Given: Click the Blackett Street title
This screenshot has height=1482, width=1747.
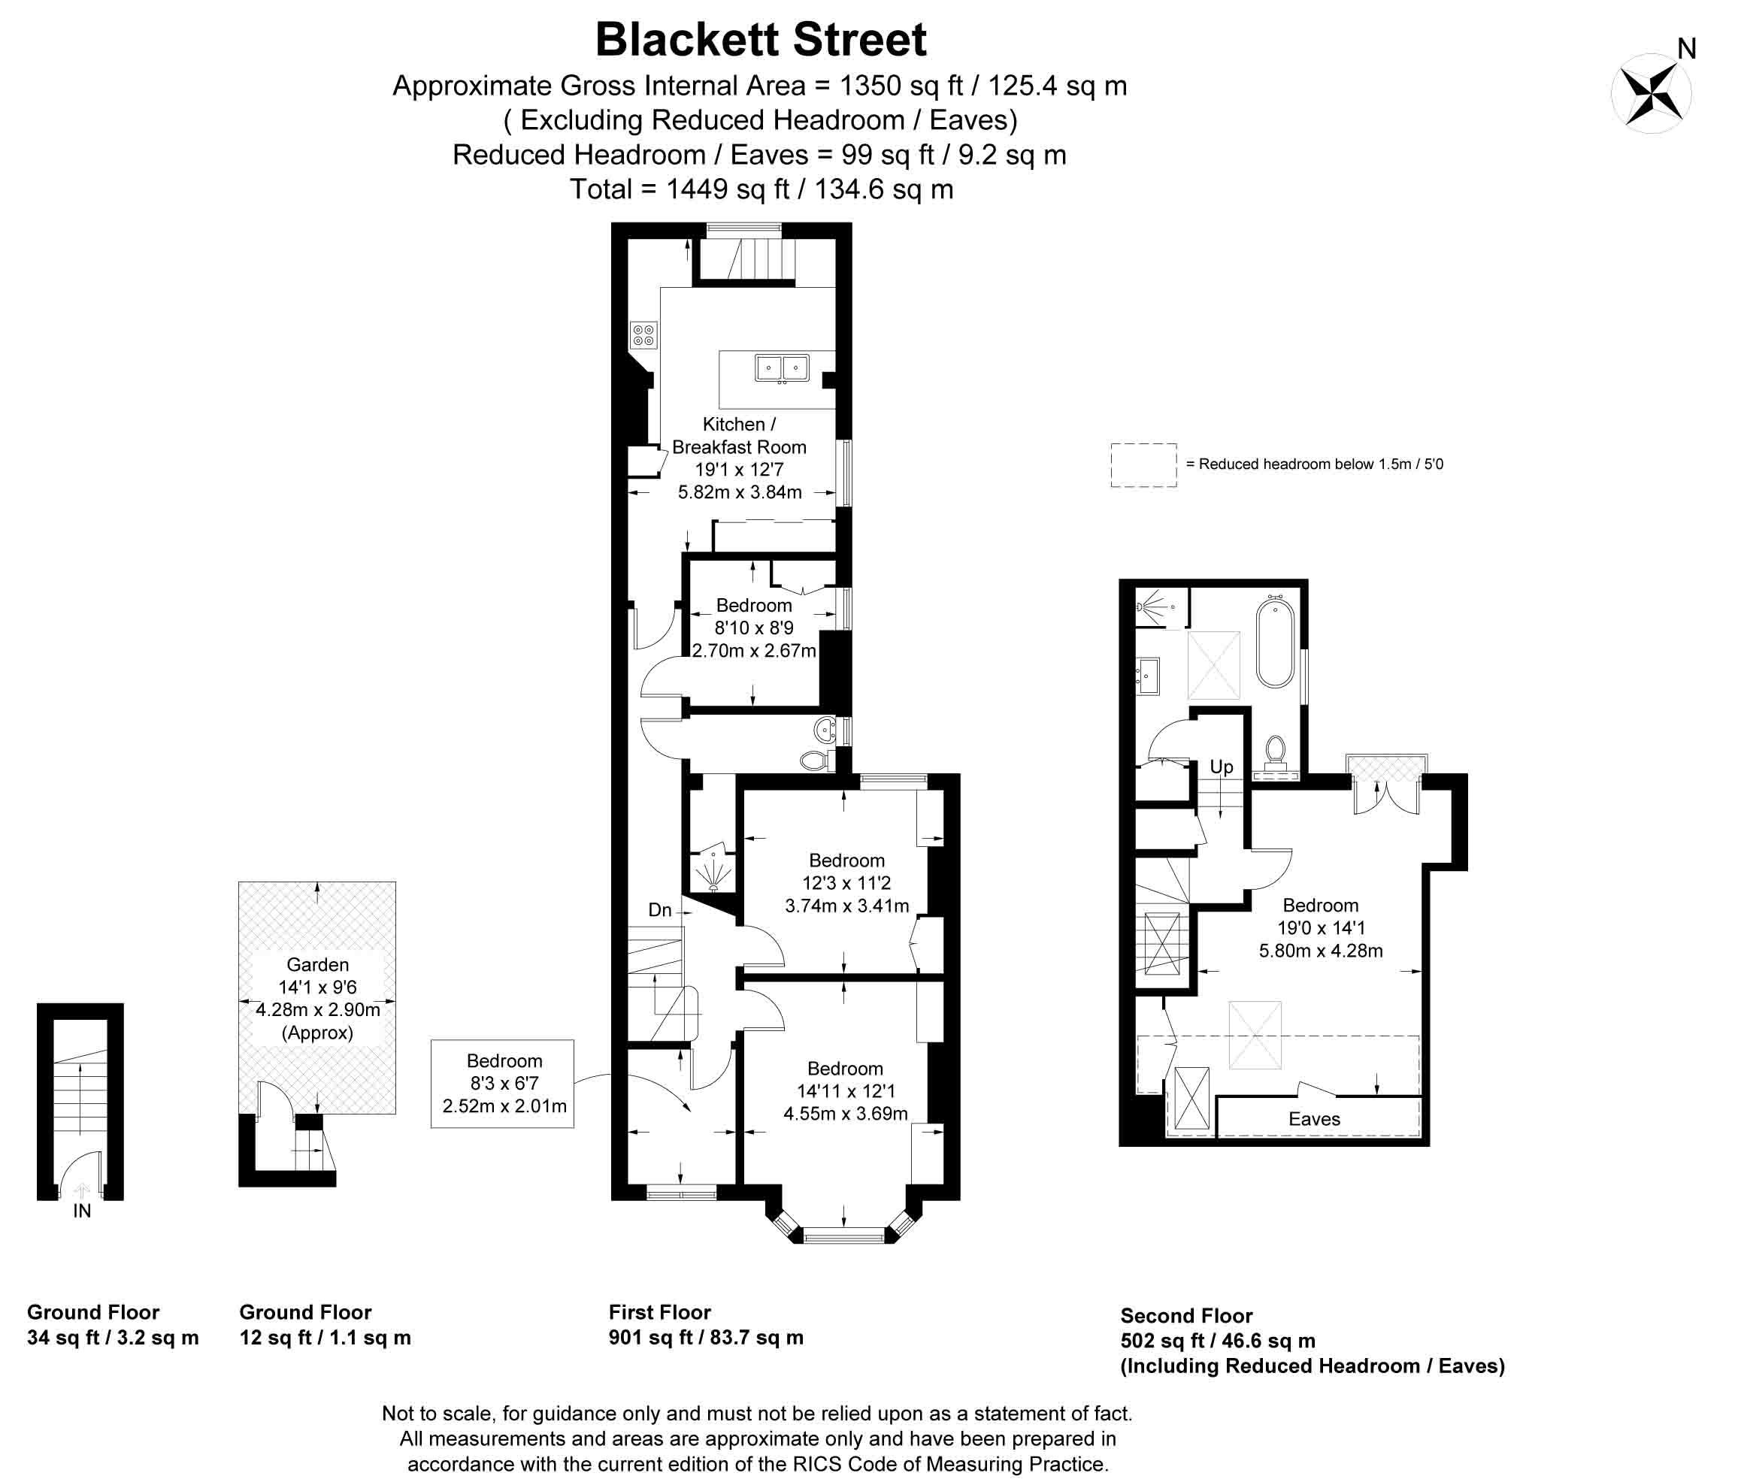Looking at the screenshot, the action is coord(761,40).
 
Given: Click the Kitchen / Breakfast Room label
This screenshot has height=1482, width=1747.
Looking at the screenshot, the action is coord(739,435).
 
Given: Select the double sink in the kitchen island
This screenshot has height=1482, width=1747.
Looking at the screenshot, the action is coord(782,368).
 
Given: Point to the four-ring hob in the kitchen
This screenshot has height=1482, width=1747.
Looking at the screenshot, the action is coord(643,336).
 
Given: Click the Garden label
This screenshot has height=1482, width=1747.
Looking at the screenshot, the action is coord(318,964).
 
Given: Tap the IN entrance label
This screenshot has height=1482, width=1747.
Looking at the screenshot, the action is coord(81,1211).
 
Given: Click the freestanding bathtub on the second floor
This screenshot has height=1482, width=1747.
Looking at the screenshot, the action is coord(1275,641).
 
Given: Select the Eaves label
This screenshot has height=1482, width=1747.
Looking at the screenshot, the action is coord(1314,1119).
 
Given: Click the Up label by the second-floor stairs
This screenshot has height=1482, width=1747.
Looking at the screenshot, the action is coord(1221,767).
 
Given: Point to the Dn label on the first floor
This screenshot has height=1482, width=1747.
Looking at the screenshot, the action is coord(660,910).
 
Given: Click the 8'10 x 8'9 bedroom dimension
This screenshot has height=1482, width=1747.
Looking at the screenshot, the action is coord(754,628).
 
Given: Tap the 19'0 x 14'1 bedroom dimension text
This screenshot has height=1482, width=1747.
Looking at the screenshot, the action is coord(1320,928).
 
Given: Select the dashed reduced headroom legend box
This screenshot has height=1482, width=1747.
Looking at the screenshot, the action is coord(1143,464).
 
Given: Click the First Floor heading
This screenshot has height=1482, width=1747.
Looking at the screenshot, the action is coord(660,1312).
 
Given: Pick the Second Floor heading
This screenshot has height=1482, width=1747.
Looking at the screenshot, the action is coord(1185,1316).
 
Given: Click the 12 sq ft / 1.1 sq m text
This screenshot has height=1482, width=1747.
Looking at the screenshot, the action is coord(325,1338).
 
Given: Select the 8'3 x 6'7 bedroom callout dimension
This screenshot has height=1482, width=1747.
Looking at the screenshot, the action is coord(504,1084).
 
